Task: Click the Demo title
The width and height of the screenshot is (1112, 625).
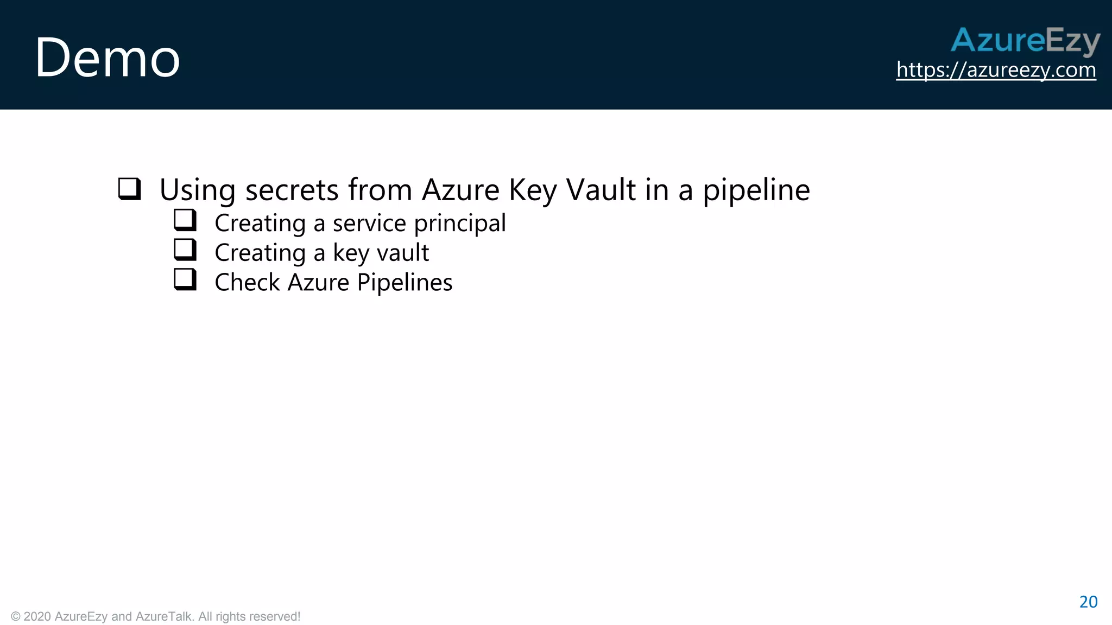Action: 108,58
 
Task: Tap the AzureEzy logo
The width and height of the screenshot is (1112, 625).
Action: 1025,40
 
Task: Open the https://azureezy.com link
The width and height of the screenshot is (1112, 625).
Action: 996,70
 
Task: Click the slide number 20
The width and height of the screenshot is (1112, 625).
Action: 1088,602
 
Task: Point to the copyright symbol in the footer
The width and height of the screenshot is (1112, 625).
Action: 16,616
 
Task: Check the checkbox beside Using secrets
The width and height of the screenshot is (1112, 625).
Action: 130,189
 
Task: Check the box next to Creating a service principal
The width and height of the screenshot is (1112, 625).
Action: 185,220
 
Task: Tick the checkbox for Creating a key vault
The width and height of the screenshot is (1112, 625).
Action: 185,250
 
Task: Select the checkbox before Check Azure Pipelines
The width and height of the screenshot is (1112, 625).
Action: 185,279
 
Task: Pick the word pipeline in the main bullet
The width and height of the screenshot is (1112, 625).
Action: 756,191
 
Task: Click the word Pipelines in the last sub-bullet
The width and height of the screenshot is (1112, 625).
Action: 405,283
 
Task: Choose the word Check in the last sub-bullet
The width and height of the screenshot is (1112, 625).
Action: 247,283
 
